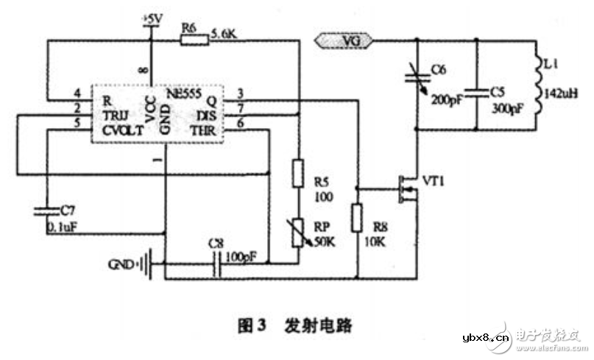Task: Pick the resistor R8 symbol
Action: click(357, 219)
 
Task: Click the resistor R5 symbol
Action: click(298, 174)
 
